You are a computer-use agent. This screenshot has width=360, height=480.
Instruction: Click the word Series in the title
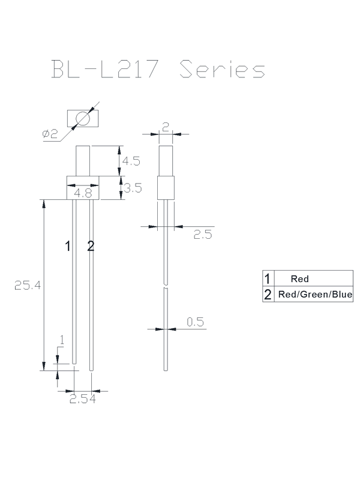click(x=222, y=69)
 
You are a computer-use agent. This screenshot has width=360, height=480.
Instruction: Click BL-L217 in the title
click(x=106, y=69)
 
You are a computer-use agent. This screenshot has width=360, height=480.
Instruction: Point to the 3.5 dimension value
click(x=132, y=188)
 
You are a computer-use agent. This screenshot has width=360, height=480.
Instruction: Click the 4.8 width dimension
click(x=82, y=194)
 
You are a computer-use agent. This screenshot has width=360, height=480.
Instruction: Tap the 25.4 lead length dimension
click(x=28, y=286)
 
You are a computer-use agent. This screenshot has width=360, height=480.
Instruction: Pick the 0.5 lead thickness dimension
click(x=195, y=323)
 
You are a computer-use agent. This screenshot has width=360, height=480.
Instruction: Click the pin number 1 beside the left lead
click(x=68, y=245)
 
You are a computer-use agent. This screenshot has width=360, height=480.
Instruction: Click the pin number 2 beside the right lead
click(x=91, y=245)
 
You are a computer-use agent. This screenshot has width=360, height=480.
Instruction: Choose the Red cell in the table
click(x=299, y=279)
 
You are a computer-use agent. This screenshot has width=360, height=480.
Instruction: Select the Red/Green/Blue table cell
click(x=314, y=295)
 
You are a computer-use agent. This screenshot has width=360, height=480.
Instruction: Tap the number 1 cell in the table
click(x=268, y=279)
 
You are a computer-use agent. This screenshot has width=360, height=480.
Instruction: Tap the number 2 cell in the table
click(x=268, y=295)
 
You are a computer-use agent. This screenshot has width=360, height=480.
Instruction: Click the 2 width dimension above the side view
click(x=166, y=127)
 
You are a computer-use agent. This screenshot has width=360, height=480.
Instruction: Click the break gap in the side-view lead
click(x=166, y=285)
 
